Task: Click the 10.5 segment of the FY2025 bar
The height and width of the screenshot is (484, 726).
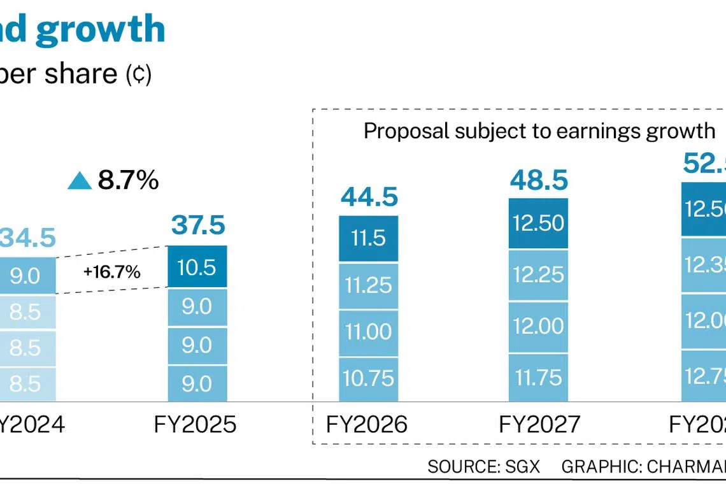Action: click(196, 267)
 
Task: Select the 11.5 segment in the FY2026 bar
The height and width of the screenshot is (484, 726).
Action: click(368, 239)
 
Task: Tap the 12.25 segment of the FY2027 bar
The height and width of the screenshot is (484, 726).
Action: click(538, 274)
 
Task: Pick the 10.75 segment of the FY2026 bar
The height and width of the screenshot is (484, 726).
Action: click(368, 378)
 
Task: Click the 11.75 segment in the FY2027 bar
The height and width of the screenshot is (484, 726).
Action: click(538, 377)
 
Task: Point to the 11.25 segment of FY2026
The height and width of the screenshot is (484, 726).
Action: click(368, 285)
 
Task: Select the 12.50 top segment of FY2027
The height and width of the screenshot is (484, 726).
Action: click(538, 224)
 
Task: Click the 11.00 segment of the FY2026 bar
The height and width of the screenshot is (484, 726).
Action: click(368, 332)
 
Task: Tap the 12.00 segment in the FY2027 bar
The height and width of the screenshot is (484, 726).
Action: click(538, 326)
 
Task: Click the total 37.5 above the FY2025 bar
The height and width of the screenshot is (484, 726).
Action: click(197, 225)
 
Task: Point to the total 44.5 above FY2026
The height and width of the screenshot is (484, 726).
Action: click(369, 197)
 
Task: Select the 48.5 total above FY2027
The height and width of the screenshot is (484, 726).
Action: click(539, 180)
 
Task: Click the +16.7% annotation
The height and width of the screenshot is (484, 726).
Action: click(111, 273)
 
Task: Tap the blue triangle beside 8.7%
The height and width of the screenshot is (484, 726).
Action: click(80, 181)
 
